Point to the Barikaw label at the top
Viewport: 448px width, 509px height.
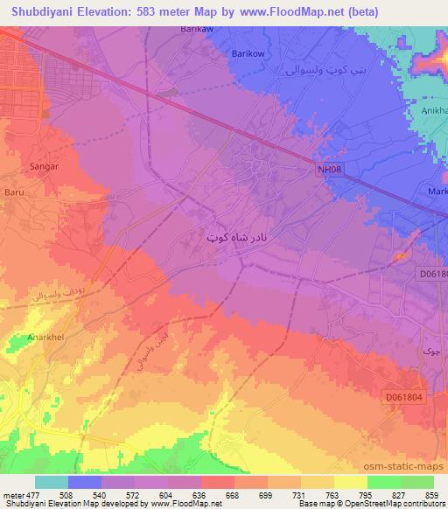[173, 29]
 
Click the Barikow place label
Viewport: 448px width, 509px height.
[248, 52]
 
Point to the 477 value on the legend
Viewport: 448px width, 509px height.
[32, 494]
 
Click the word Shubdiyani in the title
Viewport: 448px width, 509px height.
[38, 11]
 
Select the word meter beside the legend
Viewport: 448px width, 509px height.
[12, 494]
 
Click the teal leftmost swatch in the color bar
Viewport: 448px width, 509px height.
[52, 482]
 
